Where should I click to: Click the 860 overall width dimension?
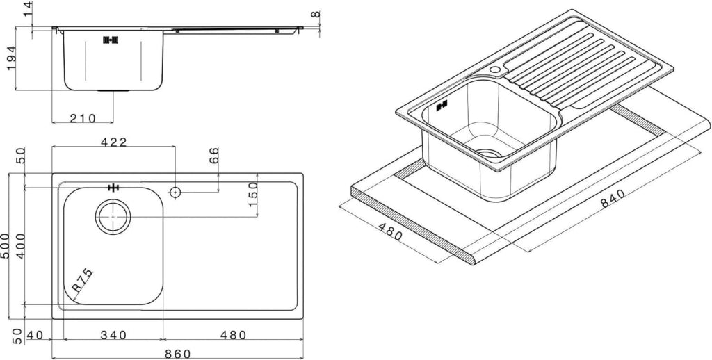[x=177, y=354]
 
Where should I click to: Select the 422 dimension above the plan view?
[x=113, y=142]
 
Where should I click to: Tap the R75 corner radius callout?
[x=83, y=281]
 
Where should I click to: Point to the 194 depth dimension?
[x=11, y=58]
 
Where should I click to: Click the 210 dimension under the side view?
[x=83, y=118]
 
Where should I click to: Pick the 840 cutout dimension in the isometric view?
[x=613, y=198]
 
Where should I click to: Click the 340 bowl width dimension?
[x=113, y=335]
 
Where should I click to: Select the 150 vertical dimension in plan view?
[x=253, y=193]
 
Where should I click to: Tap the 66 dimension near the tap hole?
[x=214, y=155]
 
